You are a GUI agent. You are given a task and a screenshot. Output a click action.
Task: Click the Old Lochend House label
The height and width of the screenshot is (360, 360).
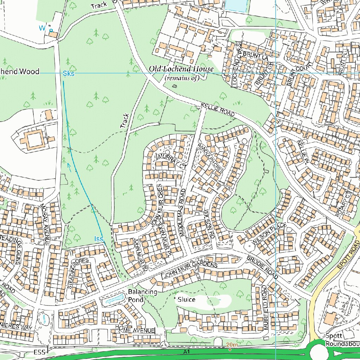click(181, 69)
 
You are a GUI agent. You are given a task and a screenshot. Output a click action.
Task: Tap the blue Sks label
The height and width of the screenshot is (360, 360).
click(69, 73)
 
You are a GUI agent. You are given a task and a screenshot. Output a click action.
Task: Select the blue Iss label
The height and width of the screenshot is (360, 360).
click(99, 239)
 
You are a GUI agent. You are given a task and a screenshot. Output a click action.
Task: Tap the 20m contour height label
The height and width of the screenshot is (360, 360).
click(232, 345)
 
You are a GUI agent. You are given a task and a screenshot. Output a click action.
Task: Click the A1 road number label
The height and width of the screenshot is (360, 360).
click(187, 352)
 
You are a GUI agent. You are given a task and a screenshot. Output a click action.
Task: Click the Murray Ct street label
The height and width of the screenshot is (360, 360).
click(172, 161)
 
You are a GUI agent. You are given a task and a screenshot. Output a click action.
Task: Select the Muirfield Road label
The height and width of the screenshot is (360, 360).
click(265, 308)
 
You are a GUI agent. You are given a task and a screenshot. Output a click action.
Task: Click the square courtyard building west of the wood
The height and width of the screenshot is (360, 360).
click(34, 140)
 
